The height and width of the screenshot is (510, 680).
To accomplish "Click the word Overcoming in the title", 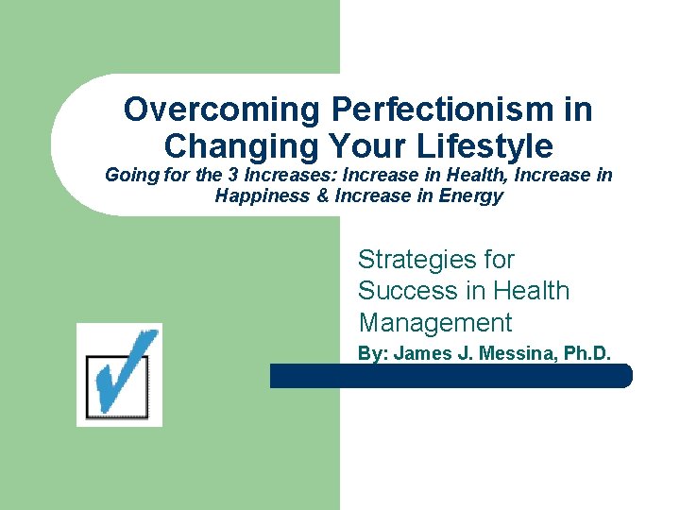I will (223, 110).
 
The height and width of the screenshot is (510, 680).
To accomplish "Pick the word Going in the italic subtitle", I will (127, 176).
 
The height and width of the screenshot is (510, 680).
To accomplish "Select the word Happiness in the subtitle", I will (256, 196).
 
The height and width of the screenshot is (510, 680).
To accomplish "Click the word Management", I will (434, 322).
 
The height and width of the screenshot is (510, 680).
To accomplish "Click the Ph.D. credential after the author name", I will (587, 354).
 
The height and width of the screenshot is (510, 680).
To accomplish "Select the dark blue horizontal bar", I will (450, 376).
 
